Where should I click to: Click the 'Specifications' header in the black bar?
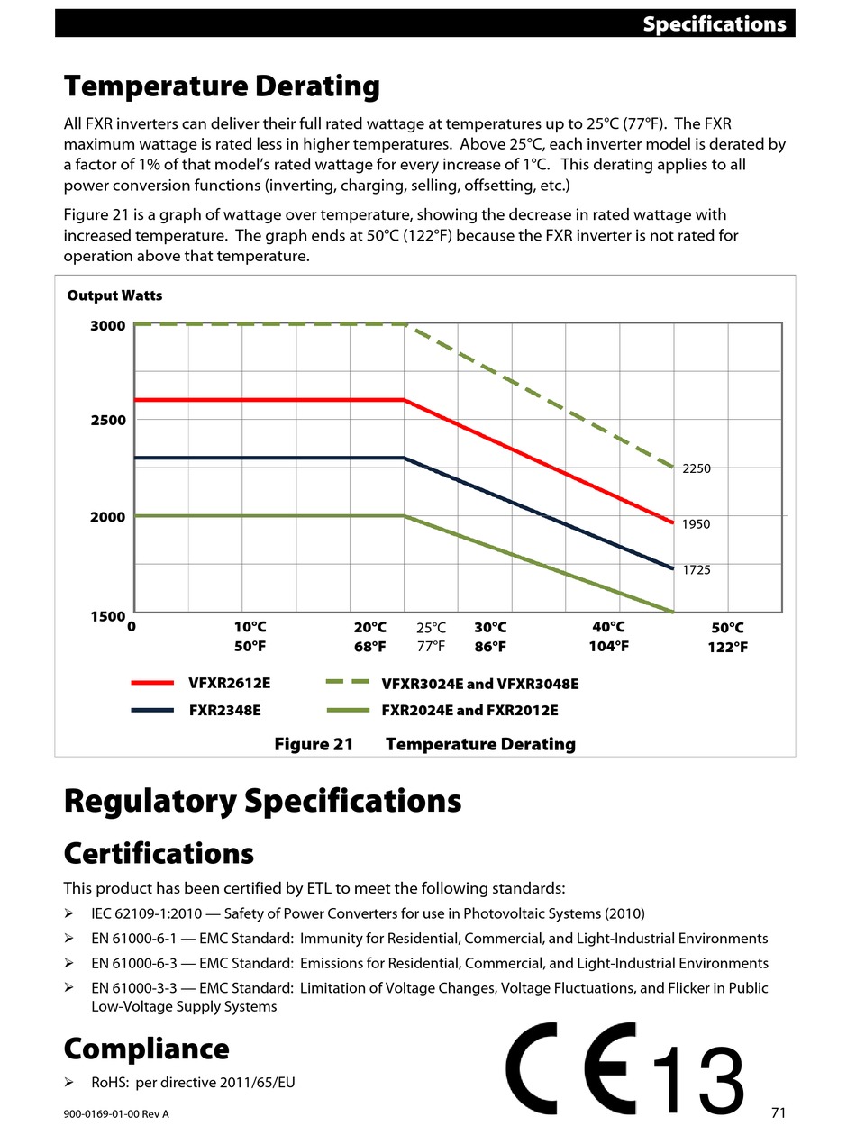click(714, 24)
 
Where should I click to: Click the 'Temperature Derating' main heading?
click(222, 86)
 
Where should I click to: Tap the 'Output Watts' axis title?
click(114, 295)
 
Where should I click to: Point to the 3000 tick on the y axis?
click(108, 325)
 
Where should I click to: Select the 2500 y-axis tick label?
click(108, 420)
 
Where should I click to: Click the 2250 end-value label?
click(697, 468)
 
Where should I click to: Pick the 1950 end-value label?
click(697, 524)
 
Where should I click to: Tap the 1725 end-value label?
click(697, 570)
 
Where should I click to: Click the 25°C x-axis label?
click(431, 628)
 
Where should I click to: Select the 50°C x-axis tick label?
click(727, 628)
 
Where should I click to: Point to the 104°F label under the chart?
click(608, 647)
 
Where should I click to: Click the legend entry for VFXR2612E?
click(229, 683)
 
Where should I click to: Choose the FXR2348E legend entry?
click(224, 710)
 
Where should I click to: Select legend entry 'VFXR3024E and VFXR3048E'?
click(479, 684)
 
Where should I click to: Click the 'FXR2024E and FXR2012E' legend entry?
click(469, 710)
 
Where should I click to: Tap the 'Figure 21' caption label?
click(314, 744)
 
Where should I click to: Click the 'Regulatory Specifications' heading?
click(262, 801)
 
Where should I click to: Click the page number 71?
click(779, 1112)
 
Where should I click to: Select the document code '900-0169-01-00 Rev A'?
click(116, 1114)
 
